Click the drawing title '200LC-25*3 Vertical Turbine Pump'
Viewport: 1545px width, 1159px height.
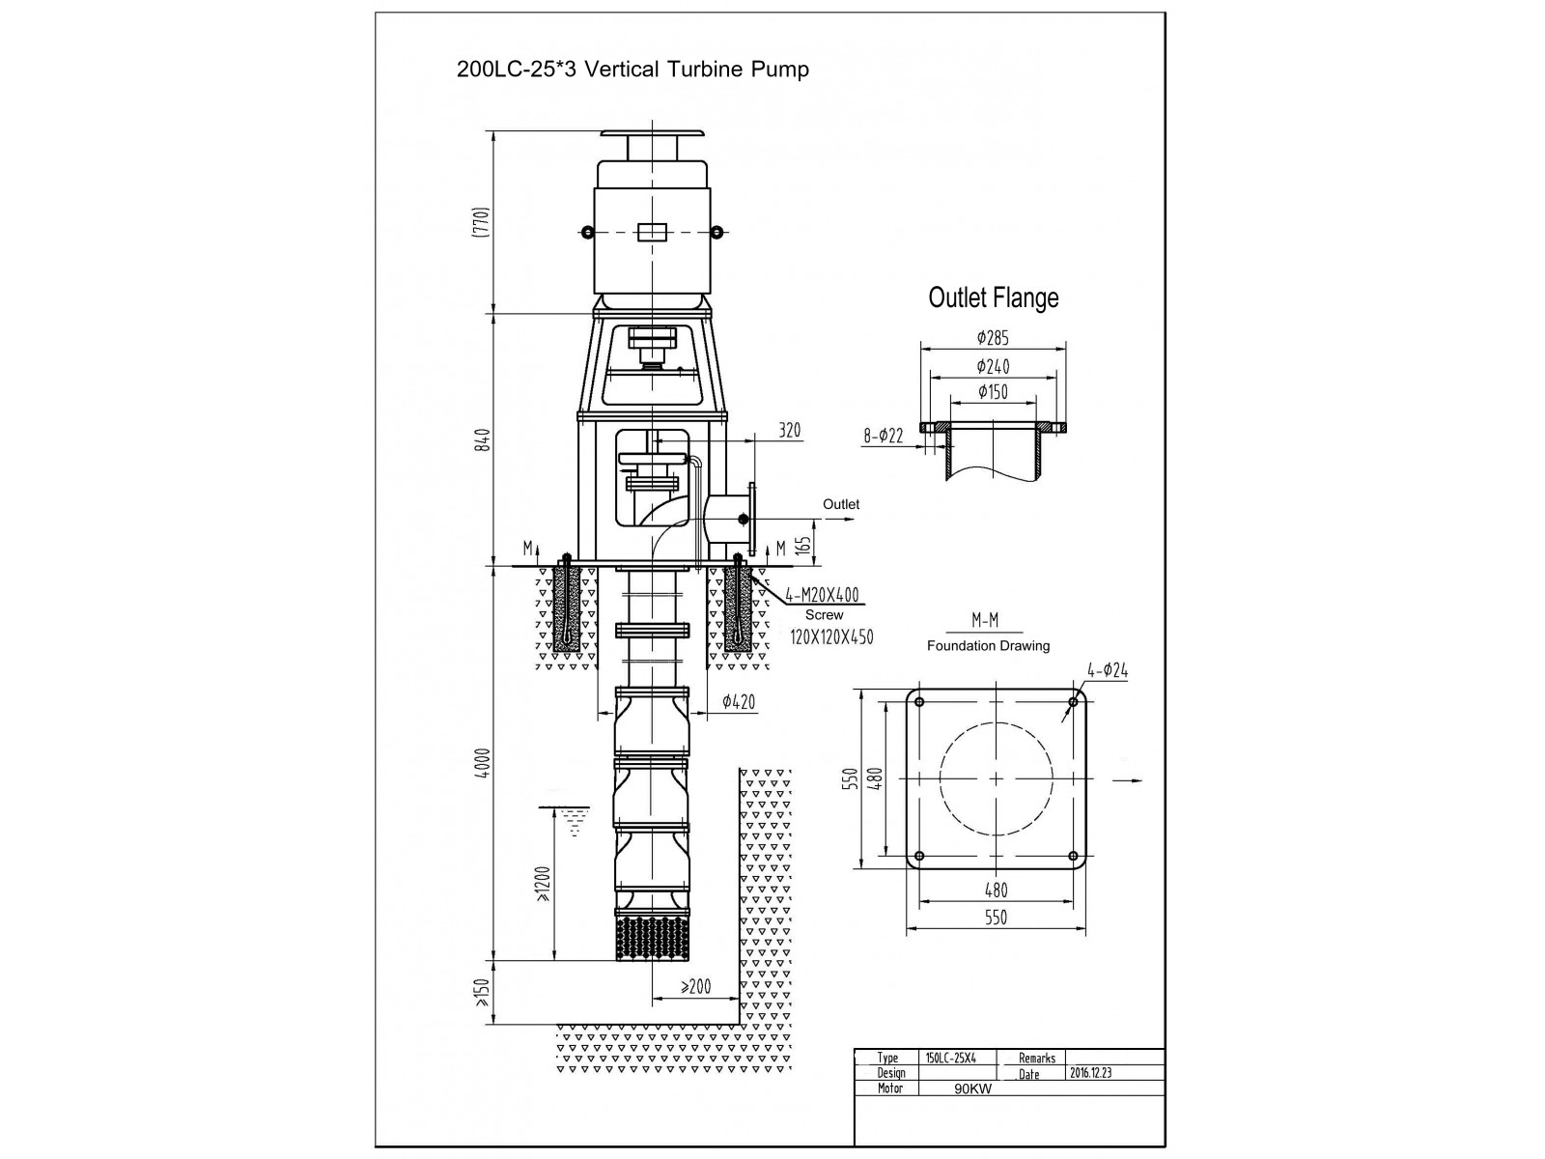coord(632,70)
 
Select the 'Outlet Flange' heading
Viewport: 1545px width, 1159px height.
coord(994,297)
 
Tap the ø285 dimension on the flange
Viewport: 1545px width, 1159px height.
coord(993,338)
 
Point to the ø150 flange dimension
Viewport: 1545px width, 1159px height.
coord(993,392)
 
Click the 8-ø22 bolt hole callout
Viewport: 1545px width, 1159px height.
coord(884,436)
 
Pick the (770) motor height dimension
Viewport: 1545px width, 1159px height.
coord(481,222)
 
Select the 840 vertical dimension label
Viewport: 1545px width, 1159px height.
coord(483,439)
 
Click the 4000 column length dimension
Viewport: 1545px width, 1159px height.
coord(483,763)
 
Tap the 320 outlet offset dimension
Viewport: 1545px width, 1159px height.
coord(790,430)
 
